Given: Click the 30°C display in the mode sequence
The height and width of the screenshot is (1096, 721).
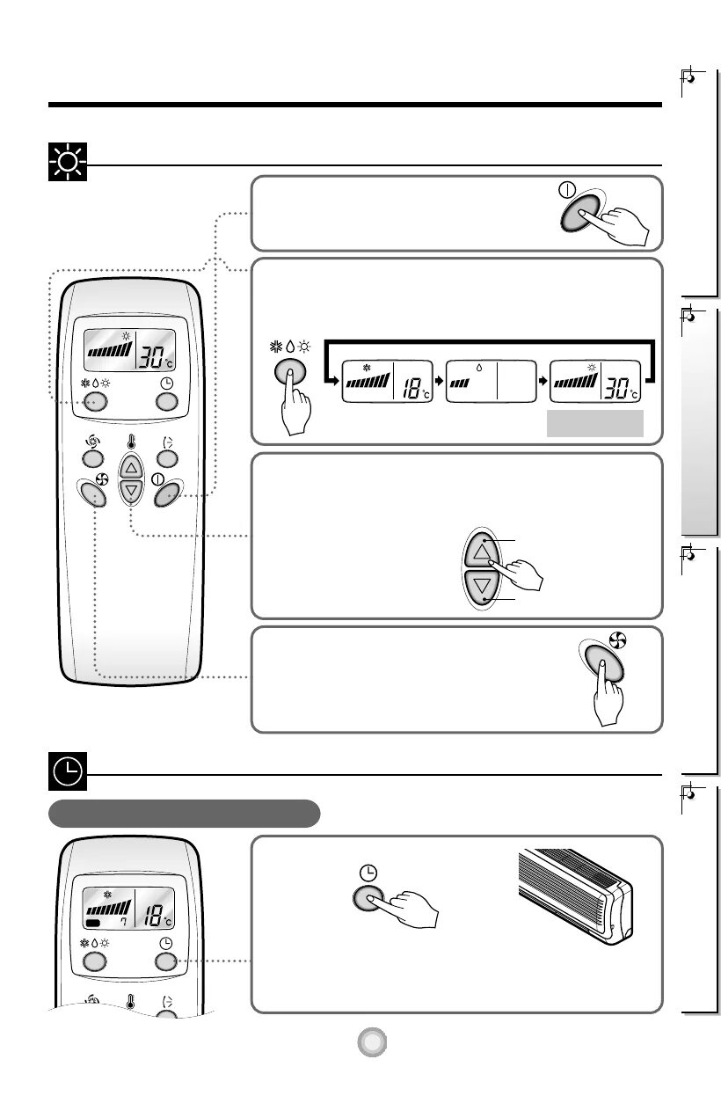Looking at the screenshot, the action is pyautogui.click(x=594, y=381).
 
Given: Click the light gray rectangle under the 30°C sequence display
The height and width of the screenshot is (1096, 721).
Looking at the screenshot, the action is pyautogui.click(x=595, y=423).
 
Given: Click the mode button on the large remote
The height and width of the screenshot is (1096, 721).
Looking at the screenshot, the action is pyautogui.click(x=95, y=402).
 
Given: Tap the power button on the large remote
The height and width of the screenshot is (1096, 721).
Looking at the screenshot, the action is pyautogui.click(x=167, y=495).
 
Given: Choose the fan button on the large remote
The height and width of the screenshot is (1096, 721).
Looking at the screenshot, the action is pyautogui.click(x=95, y=495).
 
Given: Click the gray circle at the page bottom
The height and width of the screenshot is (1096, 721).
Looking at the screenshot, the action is pyautogui.click(x=373, y=1042).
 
